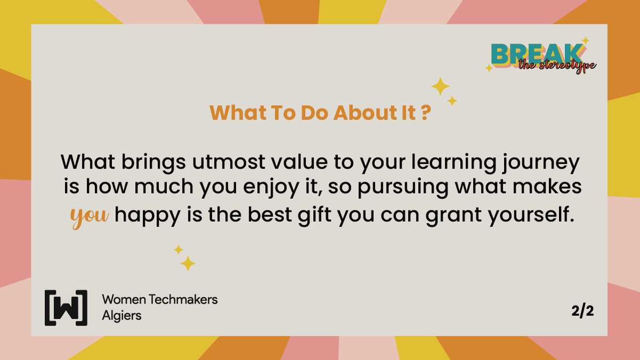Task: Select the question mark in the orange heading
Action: [425, 113]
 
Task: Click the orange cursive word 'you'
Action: [90, 216]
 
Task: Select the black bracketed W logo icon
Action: [66, 308]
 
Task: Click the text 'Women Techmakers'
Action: [159, 299]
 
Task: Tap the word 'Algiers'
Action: [122, 315]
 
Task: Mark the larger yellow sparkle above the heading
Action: [440, 86]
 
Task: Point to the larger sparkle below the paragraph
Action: [187, 263]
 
